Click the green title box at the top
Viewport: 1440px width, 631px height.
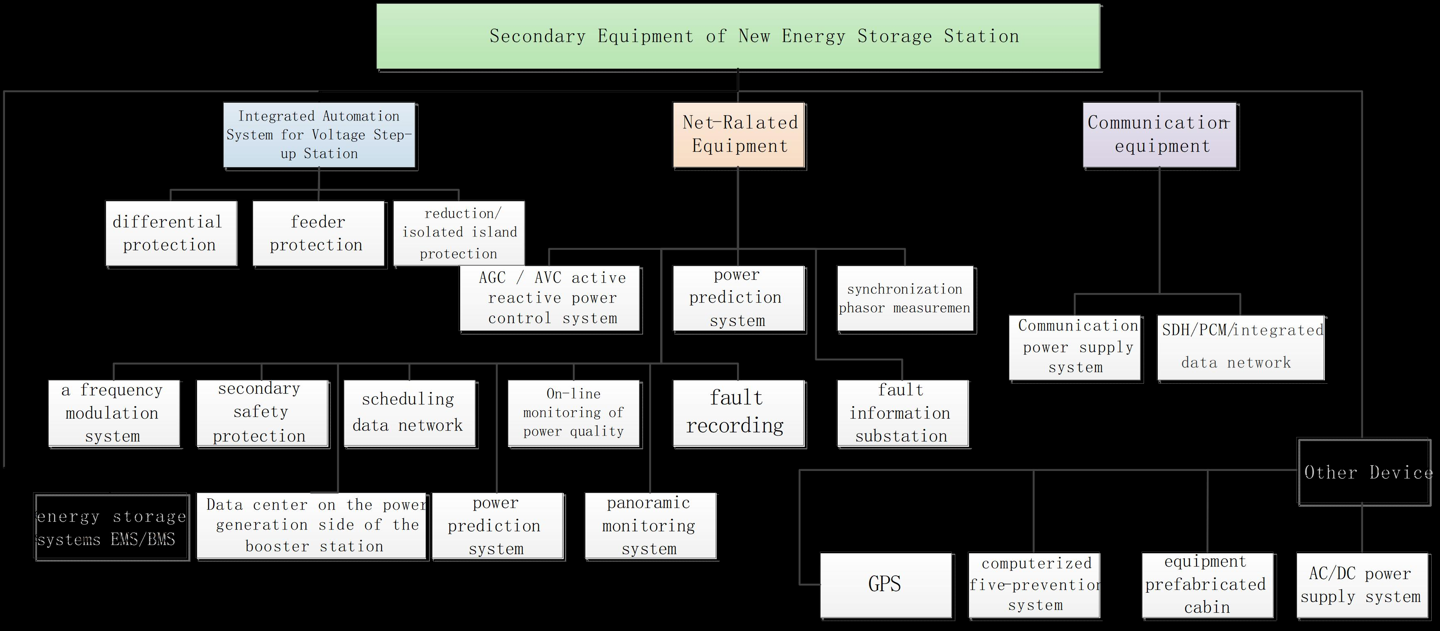pyautogui.click(x=738, y=36)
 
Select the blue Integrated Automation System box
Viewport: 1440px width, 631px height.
pyautogui.click(x=319, y=135)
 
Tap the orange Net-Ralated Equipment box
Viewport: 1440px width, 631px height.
pyautogui.click(x=738, y=135)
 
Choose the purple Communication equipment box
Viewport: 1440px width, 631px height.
pyautogui.click(x=1160, y=135)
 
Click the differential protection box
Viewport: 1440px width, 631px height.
pyautogui.click(x=171, y=233)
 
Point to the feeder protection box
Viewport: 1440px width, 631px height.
pyautogui.click(x=318, y=233)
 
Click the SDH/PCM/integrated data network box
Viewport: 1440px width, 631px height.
pyautogui.click(x=1241, y=348)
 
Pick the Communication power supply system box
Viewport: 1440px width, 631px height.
pyautogui.click(x=1075, y=347)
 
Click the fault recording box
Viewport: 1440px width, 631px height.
pyautogui.click(x=738, y=412)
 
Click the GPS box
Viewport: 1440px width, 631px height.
pyautogui.click(x=885, y=584)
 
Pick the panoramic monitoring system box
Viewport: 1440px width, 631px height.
pyautogui.click(x=650, y=525)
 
